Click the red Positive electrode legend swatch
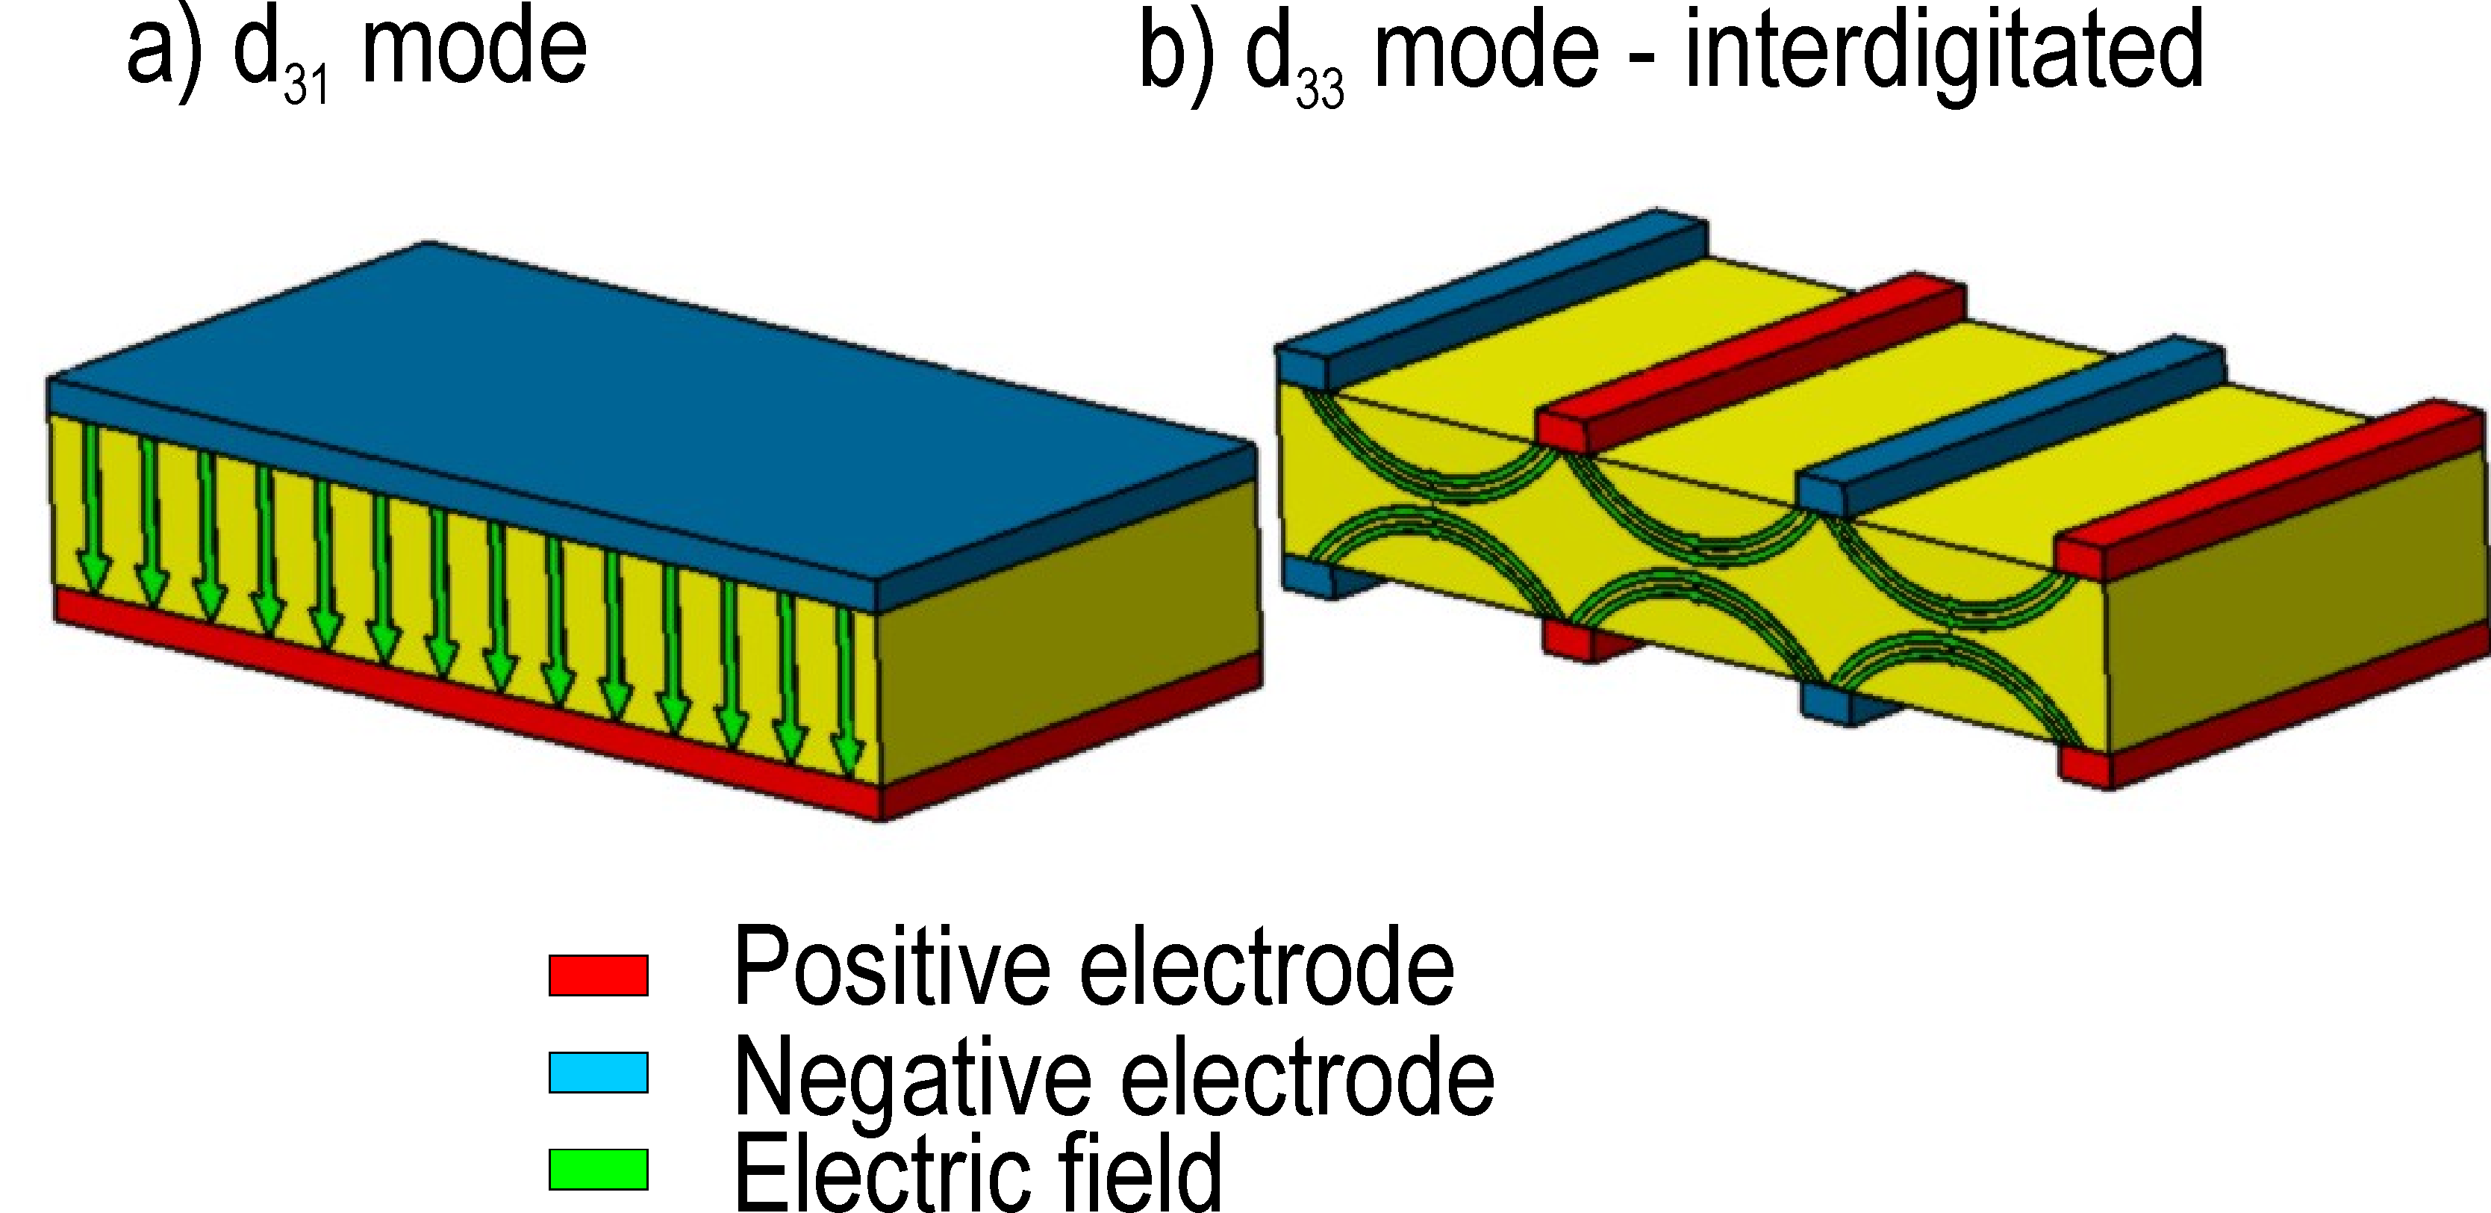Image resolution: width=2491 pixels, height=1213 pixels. [598, 975]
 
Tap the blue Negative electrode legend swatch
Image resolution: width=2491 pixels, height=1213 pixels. [598, 1072]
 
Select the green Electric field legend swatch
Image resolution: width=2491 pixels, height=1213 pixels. [598, 1168]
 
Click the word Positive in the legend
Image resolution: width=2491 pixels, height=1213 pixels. [891, 967]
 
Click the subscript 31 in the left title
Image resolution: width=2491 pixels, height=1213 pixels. [307, 85]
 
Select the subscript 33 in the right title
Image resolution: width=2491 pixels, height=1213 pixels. [1320, 89]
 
